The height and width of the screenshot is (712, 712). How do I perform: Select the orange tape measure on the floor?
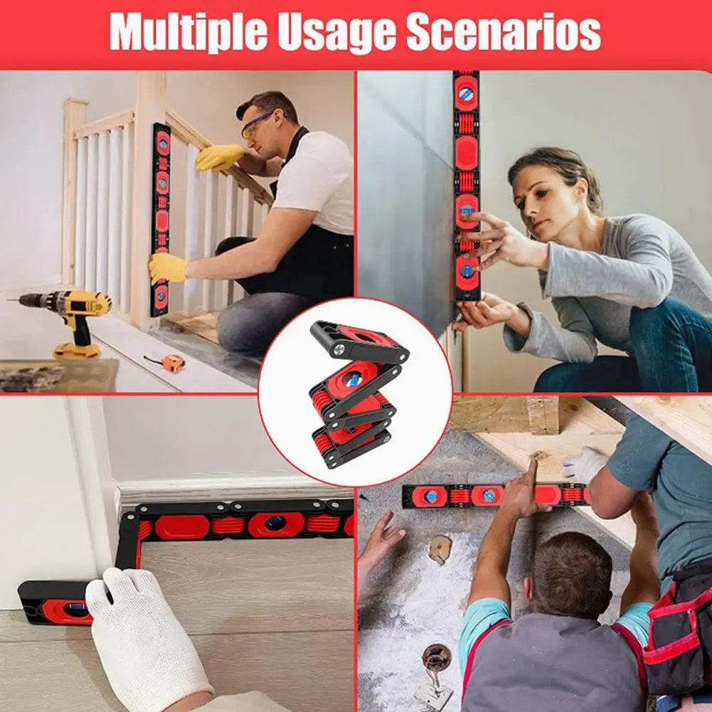168,362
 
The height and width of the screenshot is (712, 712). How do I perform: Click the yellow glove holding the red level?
167,268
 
